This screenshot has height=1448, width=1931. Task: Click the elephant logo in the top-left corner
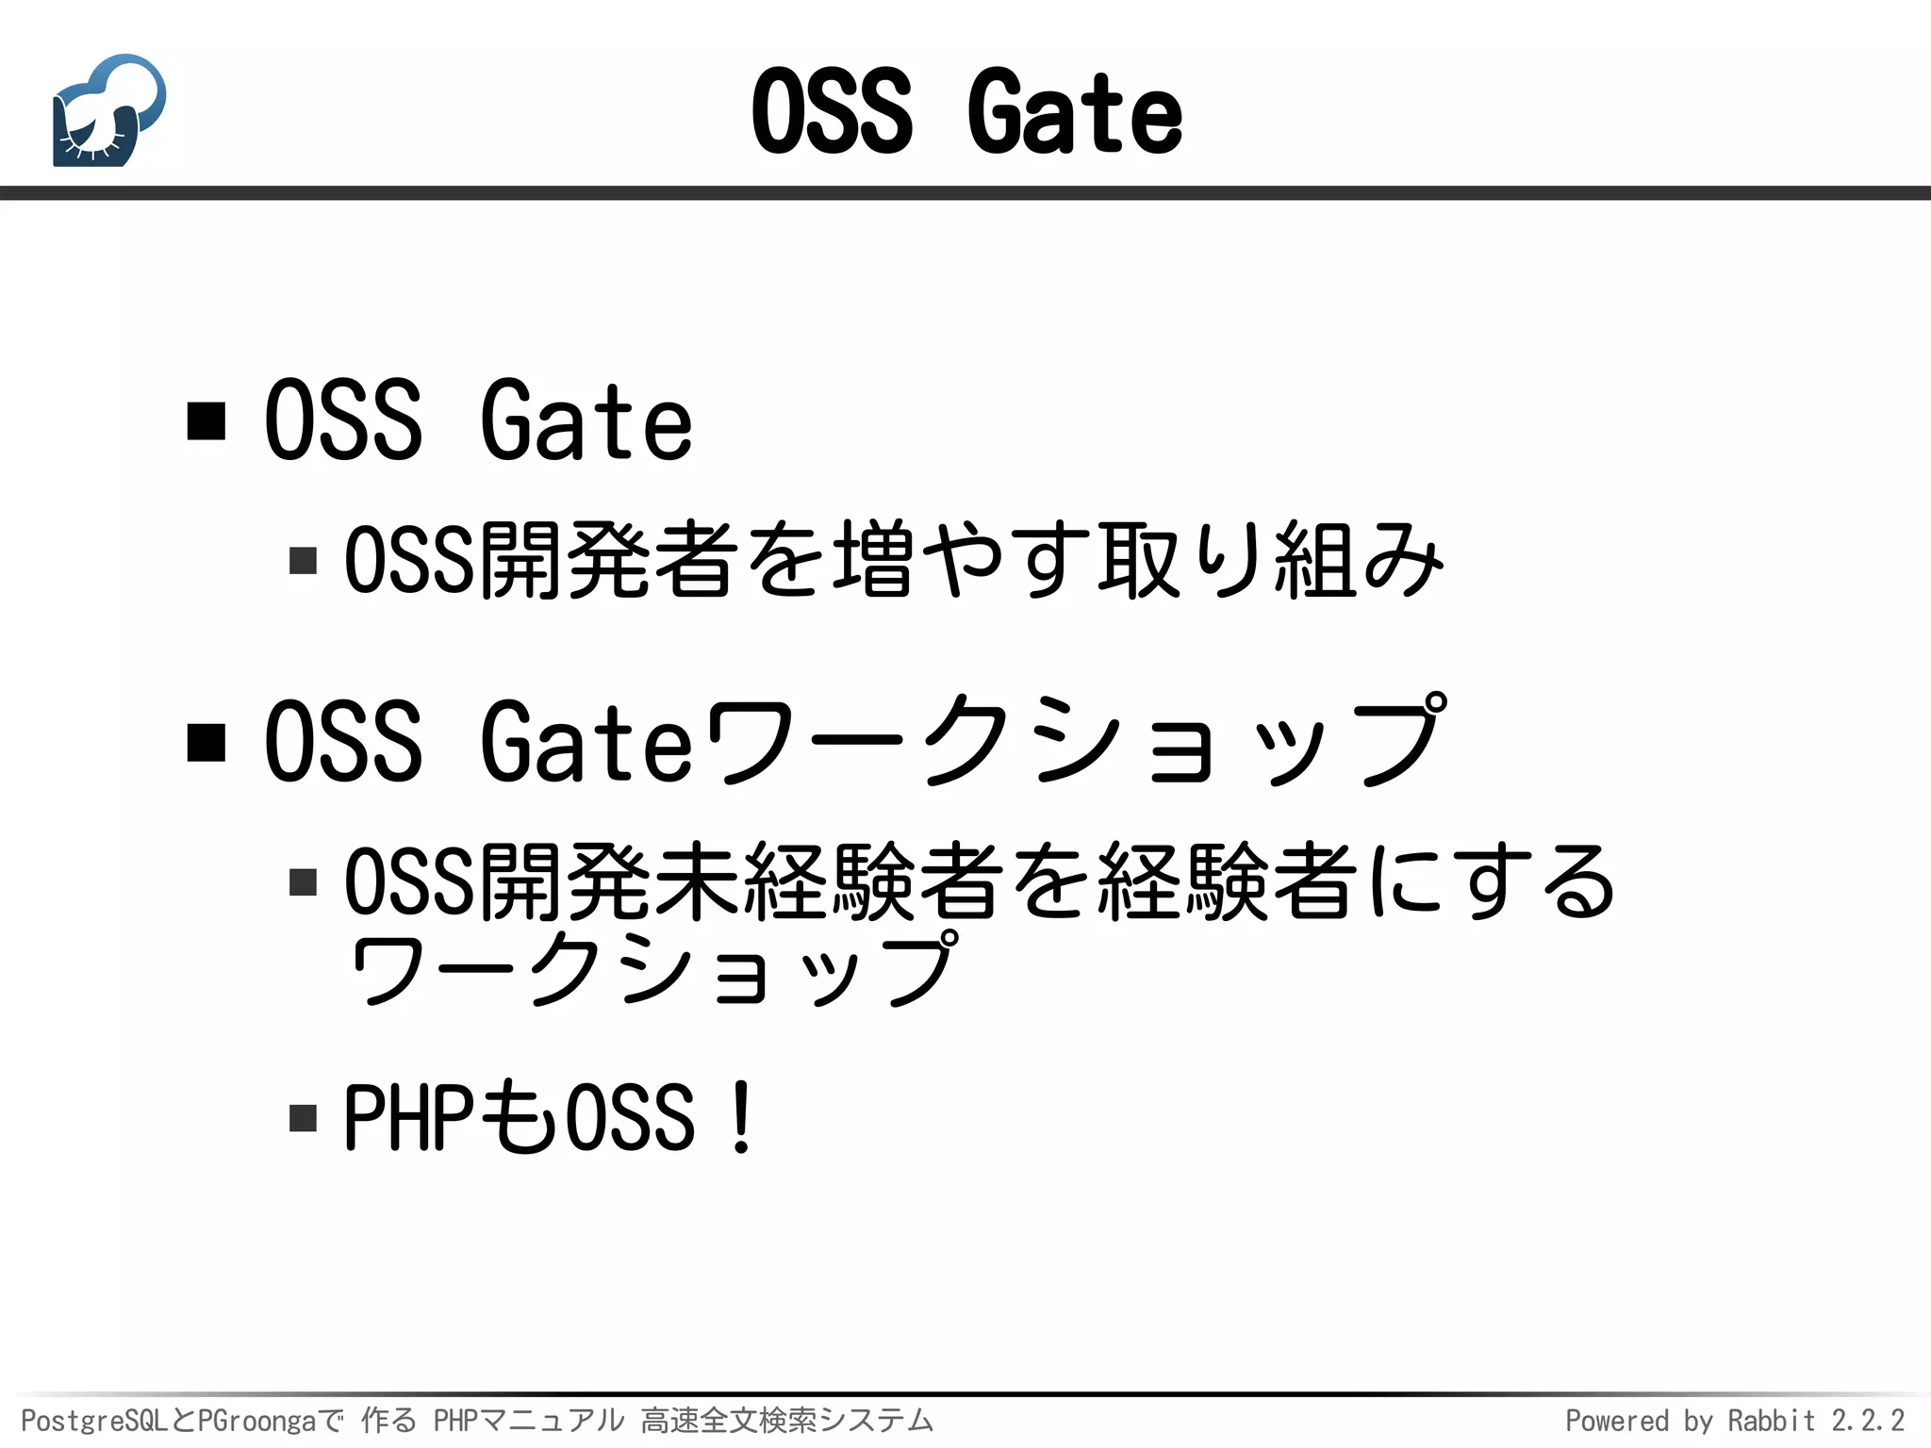109,111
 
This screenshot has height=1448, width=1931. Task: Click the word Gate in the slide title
1075,113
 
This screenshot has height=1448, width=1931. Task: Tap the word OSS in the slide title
832,113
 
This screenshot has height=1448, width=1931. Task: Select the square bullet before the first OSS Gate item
206,420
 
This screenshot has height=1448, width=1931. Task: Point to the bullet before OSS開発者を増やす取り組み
303,561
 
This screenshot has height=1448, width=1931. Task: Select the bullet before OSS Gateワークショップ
206,742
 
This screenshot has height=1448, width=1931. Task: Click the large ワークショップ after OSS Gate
1075,742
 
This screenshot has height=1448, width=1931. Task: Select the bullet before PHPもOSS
303,1118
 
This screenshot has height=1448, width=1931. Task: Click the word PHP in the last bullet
408,1118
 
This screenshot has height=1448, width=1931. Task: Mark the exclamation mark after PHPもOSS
742,1118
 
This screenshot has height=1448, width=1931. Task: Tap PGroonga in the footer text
257,1421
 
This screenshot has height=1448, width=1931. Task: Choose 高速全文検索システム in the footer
787,1421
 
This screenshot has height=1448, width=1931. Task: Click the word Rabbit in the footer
1771,1421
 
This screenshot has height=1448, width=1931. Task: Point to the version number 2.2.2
1868,1421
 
